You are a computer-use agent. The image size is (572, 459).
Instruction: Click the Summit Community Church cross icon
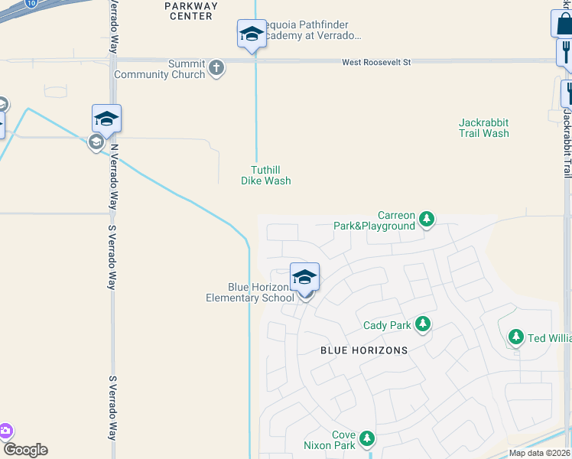(x=216, y=68)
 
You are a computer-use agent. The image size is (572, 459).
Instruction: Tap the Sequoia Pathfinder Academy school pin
(x=252, y=35)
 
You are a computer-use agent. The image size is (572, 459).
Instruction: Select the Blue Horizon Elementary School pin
(x=304, y=278)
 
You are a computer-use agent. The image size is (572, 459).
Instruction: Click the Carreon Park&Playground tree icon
(x=427, y=220)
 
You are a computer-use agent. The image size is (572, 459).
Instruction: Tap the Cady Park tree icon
(x=421, y=325)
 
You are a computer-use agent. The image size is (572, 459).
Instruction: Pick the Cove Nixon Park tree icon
(x=368, y=438)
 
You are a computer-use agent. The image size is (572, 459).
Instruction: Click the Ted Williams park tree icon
(x=516, y=337)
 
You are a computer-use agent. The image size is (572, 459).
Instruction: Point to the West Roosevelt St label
(x=376, y=61)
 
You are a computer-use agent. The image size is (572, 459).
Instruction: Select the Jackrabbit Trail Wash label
(x=484, y=128)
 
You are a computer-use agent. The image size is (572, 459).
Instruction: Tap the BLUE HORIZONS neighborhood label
(x=363, y=350)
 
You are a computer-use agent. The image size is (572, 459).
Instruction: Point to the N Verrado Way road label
(x=114, y=164)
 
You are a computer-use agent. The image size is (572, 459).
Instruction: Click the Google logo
(x=25, y=450)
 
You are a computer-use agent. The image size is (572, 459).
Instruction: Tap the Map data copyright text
(x=540, y=453)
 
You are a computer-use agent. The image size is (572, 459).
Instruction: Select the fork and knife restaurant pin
(x=565, y=51)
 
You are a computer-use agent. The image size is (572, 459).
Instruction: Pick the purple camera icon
(x=5, y=431)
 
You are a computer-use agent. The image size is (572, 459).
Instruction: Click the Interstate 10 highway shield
(x=30, y=3)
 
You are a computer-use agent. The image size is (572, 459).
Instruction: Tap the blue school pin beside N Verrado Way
(x=106, y=119)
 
